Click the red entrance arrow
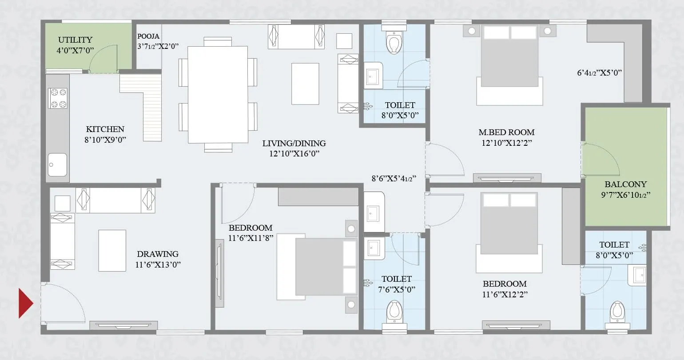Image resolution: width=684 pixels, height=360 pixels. tap(25, 303)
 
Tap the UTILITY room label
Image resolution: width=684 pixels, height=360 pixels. tap(75, 40)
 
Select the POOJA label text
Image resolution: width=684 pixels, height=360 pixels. tap(148, 36)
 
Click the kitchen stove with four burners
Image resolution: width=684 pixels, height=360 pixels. tap(58, 98)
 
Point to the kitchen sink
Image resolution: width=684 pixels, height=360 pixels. tap(58, 164)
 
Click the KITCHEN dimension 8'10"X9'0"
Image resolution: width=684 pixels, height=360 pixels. tap(106, 140)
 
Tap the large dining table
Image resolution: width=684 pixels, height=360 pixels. tap(218, 94)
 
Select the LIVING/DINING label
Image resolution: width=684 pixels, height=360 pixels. tap(294, 144)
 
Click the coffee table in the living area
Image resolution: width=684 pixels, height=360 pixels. tap(305, 84)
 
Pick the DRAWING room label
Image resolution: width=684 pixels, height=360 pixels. tap(158, 254)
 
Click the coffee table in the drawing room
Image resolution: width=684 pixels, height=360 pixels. tap(112, 250)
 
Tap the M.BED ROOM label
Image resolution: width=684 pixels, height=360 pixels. tap(506, 132)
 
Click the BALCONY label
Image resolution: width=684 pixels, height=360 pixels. tap(625, 184)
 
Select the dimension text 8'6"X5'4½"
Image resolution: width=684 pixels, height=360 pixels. tap(394, 179)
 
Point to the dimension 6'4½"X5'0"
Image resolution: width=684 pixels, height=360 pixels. tap(599, 73)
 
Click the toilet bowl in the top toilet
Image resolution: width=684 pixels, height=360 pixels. tap(394, 43)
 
